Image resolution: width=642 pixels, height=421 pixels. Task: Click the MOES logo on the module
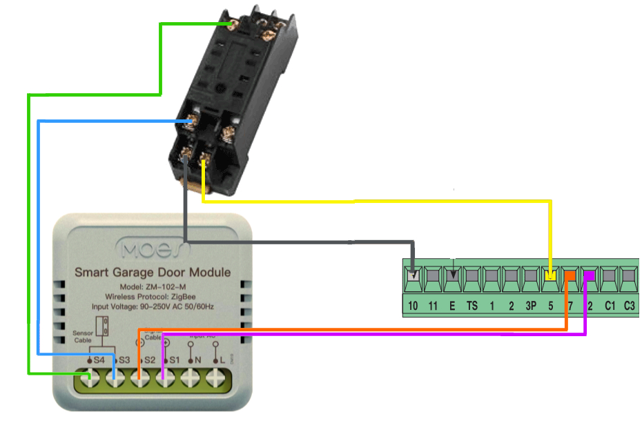pos(153,247)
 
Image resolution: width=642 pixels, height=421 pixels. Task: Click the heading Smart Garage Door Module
pos(153,273)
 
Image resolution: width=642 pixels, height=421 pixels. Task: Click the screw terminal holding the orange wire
pos(139,378)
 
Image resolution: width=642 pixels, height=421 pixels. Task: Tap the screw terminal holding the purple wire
pos(164,378)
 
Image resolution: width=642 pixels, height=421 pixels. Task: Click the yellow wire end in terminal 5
pos(550,277)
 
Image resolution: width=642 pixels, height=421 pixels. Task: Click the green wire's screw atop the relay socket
pos(242,26)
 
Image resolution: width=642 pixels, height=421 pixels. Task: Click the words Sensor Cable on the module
pos(83,336)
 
